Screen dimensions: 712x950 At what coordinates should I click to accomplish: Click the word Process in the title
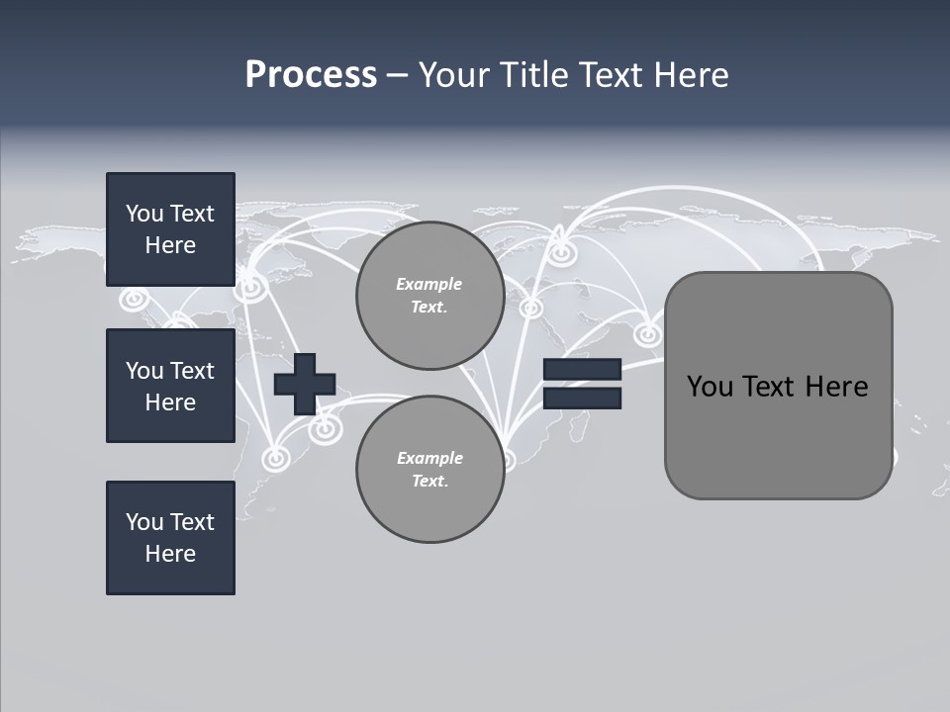click(x=311, y=75)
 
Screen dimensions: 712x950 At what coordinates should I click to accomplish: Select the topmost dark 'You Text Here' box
click(x=170, y=229)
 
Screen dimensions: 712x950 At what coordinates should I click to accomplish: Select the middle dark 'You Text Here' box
click(x=170, y=386)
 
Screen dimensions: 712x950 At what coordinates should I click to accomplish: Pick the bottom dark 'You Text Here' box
click(x=170, y=538)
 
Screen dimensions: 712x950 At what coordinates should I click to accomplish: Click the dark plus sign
click(x=305, y=384)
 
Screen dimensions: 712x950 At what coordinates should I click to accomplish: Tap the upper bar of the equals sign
click(x=582, y=370)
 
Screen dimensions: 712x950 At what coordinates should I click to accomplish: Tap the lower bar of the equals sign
click(x=582, y=399)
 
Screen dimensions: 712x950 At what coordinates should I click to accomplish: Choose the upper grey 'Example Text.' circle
click(x=429, y=295)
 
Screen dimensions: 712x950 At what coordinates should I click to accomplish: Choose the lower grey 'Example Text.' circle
click(x=429, y=469)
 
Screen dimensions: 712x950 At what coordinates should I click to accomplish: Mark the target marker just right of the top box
click(x=252, y=288)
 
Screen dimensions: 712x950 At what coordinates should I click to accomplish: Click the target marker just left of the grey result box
click(x=648, y=334)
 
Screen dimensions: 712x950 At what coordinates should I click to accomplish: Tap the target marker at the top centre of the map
click(x=562, y=253)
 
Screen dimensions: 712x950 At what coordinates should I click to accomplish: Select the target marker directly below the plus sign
click(x=324, y=428)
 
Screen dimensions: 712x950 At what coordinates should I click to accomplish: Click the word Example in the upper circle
click(x=429, y=284)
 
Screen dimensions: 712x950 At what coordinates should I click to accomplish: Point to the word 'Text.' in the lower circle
click(x=429, y=482)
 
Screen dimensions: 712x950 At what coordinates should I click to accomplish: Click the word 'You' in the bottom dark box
click(x=144, y=522)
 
